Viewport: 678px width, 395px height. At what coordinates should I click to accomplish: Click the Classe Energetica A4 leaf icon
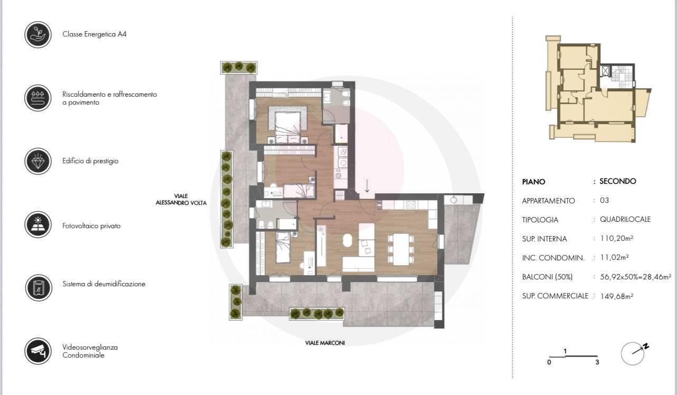tap(38, 34)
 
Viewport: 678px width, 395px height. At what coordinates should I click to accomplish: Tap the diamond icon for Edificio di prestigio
tap(38, 161)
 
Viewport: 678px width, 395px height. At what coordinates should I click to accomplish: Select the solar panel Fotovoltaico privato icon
tap(38, 224)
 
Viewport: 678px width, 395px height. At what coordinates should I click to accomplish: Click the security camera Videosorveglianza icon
tap(38, 351)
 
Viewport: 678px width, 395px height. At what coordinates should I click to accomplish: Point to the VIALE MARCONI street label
tap(325, 343)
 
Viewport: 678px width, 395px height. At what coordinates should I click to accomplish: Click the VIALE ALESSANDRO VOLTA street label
tap(181, 200)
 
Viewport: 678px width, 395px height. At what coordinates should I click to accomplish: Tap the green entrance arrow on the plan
tap(367, 186)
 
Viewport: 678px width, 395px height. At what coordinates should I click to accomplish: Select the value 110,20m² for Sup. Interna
tap(617, 239)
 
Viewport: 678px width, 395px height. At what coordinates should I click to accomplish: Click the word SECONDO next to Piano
tap(618, 181)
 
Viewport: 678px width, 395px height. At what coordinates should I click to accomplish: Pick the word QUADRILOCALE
tap(625, 220)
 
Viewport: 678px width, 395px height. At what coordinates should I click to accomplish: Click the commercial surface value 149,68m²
tap(617, 296)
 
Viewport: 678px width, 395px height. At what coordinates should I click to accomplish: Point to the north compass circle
tap(632, 353)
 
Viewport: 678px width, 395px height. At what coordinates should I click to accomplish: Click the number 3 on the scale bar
tap(597, 362)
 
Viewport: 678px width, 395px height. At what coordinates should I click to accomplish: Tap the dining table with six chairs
tap(401, 249)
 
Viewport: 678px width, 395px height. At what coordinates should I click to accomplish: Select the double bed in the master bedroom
tap(288, 125)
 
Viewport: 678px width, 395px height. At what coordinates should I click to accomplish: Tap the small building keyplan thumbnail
tap(598, 89)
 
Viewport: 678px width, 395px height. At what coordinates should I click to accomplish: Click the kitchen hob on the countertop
tap(410, 205)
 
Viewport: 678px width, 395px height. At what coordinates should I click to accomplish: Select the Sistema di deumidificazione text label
tap(104, 284)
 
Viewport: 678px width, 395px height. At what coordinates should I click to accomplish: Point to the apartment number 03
tap(604, 200)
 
